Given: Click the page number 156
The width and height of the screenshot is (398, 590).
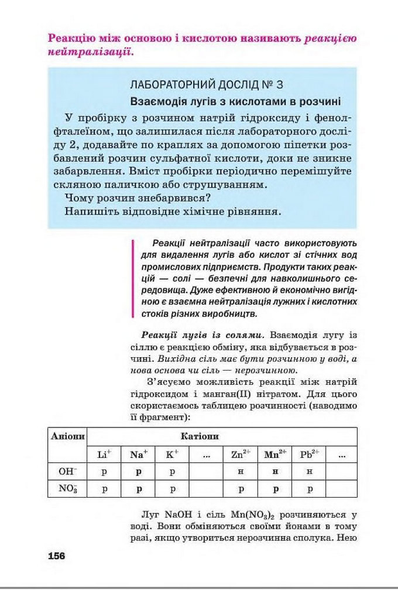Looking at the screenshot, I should [57, 556].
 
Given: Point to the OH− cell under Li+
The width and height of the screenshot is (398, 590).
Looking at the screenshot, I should [105, 471].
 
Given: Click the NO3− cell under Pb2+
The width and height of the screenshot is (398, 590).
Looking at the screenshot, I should [309, 488].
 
